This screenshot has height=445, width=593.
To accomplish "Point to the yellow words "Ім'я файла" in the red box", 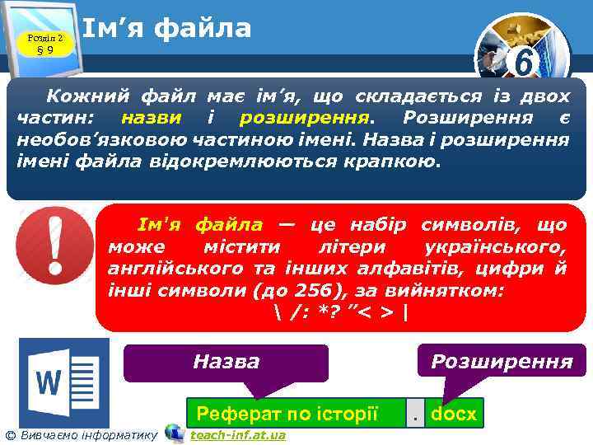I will tap(199, 225).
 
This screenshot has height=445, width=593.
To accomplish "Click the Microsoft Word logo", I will tap(64, 382).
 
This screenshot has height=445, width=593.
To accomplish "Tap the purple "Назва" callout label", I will tap(226, 362).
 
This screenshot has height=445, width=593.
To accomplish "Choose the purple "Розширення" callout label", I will tap(502, 362).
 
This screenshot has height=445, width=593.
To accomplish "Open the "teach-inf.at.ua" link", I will tap(238, 435).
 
